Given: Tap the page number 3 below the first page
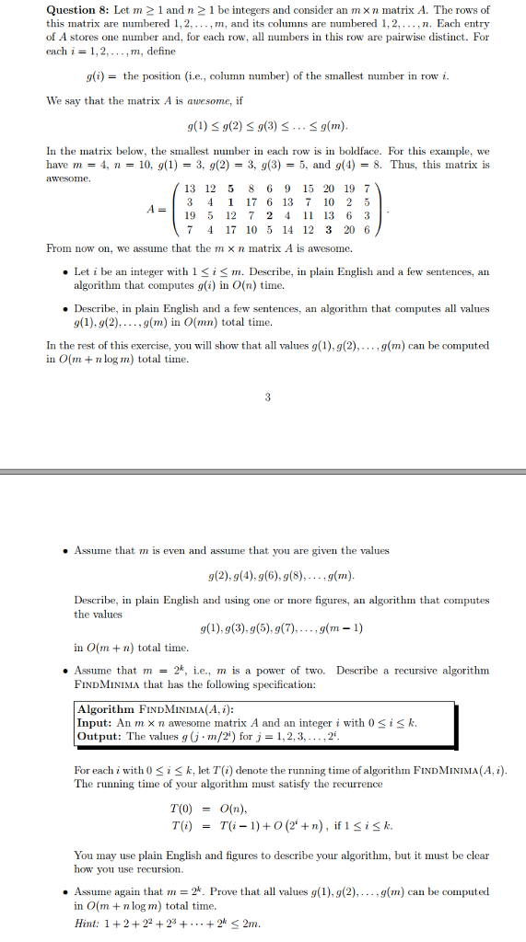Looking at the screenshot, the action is tap(268, 397).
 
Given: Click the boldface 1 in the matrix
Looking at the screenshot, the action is tap(228, 201).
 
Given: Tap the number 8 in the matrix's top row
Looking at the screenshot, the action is tap(248, 189).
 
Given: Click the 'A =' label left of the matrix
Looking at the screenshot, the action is tap(158, 209).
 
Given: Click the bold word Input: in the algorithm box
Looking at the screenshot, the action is tap(95, 723).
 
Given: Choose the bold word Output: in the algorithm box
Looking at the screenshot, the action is tap(99, 736).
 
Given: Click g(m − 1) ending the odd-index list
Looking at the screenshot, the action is tap(342, 629).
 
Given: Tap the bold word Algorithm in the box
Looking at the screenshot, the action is tap(106, 710).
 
